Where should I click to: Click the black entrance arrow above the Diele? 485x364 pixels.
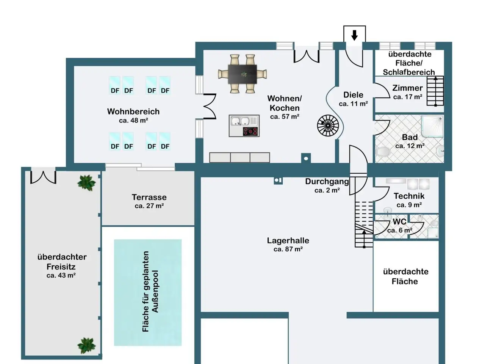(x=354, y=35)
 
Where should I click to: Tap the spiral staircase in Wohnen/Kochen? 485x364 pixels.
(x=328, y=126)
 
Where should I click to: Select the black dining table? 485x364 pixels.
(x=242, y=74)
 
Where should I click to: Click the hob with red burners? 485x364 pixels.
(x=250, y=131)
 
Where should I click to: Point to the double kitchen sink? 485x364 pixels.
(x=240, y=121)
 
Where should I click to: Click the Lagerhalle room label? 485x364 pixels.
(x=288, y=240)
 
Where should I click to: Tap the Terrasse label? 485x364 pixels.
(x=149, y=197)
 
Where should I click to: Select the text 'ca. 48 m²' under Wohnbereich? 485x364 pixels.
(x=133, y=121)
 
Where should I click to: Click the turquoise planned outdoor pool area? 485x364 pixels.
(x=148, y=292)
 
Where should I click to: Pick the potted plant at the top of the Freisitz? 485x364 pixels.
(x=86, y=183)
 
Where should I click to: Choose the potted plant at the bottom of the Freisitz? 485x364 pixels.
(x=86, y=345)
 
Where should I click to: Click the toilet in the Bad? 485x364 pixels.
(x=382, y=152)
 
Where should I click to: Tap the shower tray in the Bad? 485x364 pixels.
(x=432, y=127)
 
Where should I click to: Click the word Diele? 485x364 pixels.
(x=353, y=95)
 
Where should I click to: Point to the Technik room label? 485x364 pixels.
(x=409, y=196)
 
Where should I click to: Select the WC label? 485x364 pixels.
(x=399, y=221)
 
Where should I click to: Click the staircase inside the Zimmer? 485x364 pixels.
(x=435, y=91)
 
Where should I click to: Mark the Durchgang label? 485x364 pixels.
(x=327, y=182)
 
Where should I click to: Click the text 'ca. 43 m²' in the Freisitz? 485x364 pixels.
(x=61, y=275)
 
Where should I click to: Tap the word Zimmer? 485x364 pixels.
(x=407, y=88)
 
